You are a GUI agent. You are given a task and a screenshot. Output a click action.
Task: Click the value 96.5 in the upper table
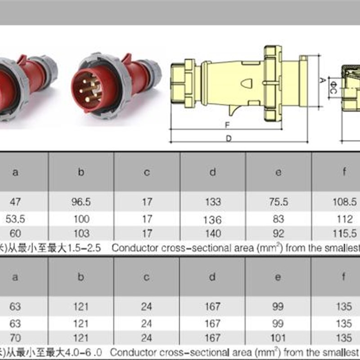tap(81, 202)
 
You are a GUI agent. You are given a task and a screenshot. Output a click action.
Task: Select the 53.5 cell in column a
tap(15, 219)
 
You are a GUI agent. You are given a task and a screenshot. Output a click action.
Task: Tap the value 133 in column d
tap(213, 202)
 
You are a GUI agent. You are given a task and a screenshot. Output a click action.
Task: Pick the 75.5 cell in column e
tap(279, 202)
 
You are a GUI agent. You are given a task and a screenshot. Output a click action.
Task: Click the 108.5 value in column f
tap(345, 202)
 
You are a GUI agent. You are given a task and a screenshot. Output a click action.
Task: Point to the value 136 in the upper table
tap(212, 220)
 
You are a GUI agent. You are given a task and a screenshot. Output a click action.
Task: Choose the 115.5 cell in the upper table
tap(345, 234)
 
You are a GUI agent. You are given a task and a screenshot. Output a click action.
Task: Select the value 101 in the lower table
tap(278, 338)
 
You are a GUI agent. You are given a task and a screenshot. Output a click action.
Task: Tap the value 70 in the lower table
tap(15, 338)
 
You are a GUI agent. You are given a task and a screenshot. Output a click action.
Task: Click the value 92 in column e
tap(279, 234)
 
